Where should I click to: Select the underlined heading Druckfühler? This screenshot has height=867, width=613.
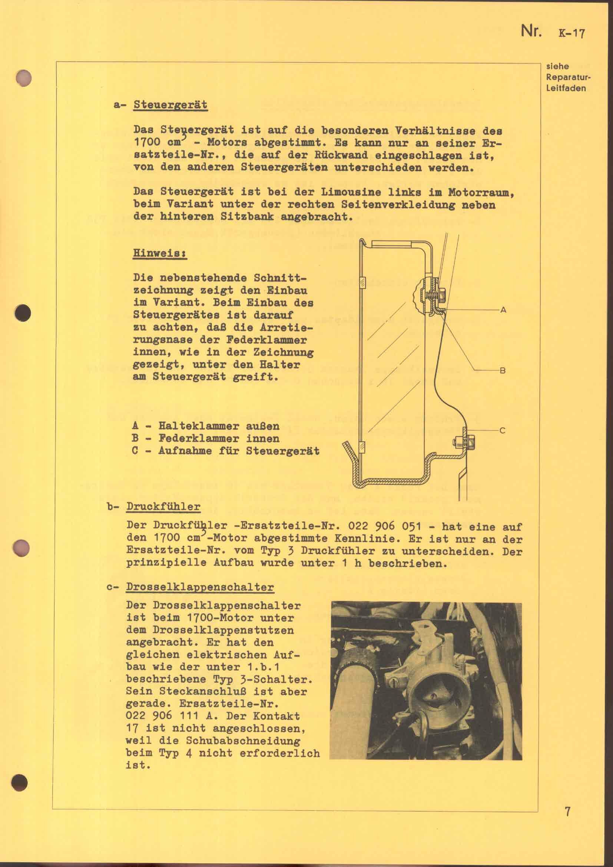tap(163, 506)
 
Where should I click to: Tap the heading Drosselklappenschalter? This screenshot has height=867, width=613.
tap(200, 587)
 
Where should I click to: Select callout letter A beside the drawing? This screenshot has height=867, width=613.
tap(503, 310)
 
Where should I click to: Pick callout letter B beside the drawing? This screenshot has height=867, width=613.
tap(503, 370)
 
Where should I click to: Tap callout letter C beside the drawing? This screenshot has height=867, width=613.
tap(503, 430)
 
